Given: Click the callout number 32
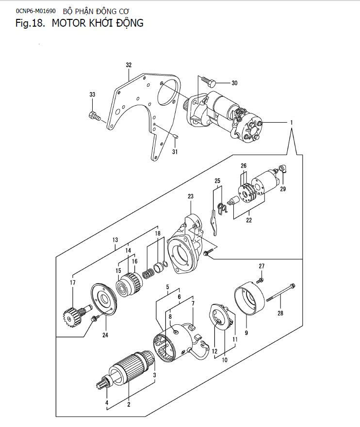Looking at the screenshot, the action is click(129, 65).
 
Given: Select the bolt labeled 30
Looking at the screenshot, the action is click(209, 81).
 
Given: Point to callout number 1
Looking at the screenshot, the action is click(291, 123).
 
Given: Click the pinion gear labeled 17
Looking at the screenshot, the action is click(74, 315).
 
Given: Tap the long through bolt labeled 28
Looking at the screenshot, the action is click(281, 293).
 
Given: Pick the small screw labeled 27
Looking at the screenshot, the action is click(261, 280).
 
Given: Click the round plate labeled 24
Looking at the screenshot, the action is click(104, 299).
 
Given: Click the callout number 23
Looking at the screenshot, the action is click(191, 196).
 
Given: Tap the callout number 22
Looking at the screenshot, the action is click(249, 220).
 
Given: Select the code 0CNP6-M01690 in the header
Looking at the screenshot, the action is click(36, 11).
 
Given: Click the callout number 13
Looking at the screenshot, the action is click(115, 239).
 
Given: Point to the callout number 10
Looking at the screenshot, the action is click(225, 360).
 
